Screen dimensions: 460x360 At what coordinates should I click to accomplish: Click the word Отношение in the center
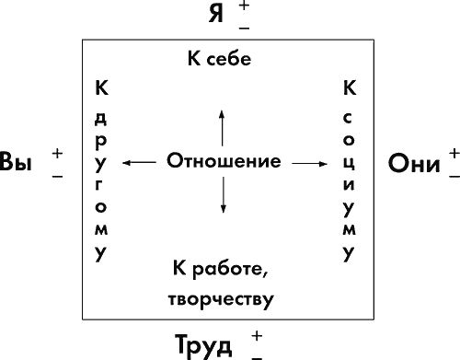224,161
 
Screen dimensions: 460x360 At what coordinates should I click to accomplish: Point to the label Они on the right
414,162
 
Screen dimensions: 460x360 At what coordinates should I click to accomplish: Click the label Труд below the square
211,343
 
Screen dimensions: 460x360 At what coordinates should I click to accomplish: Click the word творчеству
222,299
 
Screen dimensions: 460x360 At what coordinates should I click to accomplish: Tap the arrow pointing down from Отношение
222,195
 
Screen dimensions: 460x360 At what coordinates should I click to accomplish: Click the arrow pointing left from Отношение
140,162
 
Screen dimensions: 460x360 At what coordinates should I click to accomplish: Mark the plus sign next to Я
244,6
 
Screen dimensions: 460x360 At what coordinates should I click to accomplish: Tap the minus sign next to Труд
256,354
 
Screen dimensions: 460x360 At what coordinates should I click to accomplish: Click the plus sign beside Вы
58,152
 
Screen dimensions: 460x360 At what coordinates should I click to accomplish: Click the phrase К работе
218,268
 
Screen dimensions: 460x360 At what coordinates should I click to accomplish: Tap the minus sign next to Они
453,173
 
